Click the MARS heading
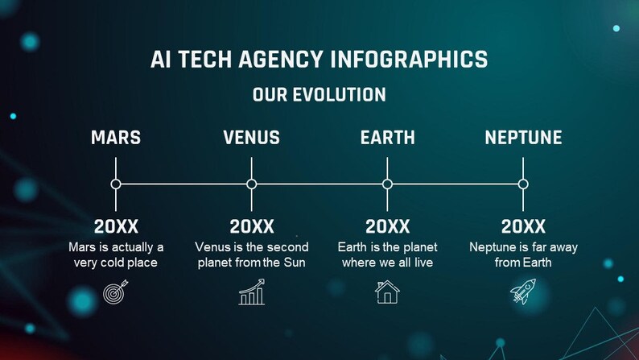point(116,138)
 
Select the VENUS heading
point(251,138)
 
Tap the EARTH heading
point(387,138)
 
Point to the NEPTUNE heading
point(523,138)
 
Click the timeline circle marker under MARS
point(116,184)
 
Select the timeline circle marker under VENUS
point(252,184)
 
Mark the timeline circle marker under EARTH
point(387,184)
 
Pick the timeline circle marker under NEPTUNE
point(523,184)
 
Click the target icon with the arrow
point(116,292)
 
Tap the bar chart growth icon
point(252,292)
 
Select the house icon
point(387,292)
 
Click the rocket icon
point(523,292)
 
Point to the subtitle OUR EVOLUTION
point(319,95)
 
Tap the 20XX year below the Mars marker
point(116,226)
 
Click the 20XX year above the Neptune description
point(523,226)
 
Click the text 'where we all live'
point(387,263)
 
